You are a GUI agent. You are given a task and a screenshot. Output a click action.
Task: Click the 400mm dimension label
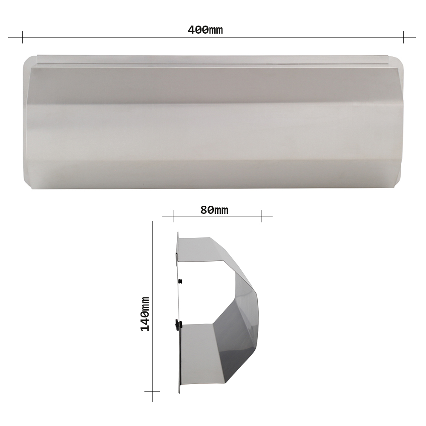tap(205, 30)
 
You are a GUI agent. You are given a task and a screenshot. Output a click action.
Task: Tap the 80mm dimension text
tap(214, 210)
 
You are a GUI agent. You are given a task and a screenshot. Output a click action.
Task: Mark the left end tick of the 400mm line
tap(22, 37)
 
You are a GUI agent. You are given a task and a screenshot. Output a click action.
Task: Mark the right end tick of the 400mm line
tap(403, 37)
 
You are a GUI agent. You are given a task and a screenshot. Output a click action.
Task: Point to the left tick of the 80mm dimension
tap(173, 216)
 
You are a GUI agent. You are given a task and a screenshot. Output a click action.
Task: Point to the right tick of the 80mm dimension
tap(262, 216)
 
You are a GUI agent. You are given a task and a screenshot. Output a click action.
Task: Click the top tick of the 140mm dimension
tap(152, 232)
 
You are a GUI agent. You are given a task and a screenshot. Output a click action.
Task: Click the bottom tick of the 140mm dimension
tap(152, 391)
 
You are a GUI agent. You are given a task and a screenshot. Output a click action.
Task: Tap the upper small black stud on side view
tap(181, 281)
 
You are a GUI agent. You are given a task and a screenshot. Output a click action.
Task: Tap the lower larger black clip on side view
tap(178, 325)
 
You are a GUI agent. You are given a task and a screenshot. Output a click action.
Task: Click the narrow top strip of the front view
tap(213, 60)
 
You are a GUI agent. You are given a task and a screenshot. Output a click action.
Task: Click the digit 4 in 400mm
tap(191, 30)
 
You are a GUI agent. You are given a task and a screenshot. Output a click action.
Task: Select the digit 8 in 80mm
tap(204, 210)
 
